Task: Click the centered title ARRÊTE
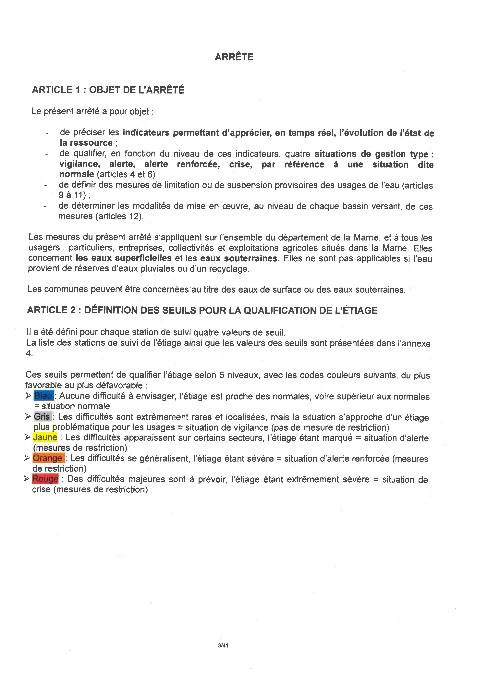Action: pos(234,57)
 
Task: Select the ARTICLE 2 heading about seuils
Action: pos(202,310)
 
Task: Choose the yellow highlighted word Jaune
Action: pos(45,437)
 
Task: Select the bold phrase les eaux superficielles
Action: pos(124,258)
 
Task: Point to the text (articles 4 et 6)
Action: pos(126,174)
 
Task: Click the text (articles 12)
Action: pos(119,216)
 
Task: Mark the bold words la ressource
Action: pos(86,143)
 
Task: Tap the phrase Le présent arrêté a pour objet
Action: pos(90,112)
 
